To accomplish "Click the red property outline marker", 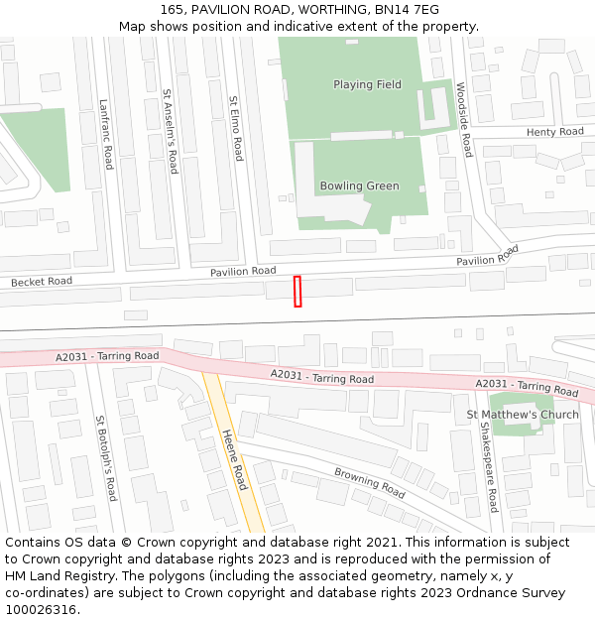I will pos(297,291).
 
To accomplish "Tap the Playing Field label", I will pos(367,85).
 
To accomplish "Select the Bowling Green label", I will pos(359,186).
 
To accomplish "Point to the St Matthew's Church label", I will pos(523,415).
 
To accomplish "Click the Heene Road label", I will pos(235,459).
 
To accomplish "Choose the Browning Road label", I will pos(370,483).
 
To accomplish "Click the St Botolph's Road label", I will pos(105,457).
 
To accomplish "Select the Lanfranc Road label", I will pos(106,133).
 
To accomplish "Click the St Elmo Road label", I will pos(235,128).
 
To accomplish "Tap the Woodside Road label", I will pos(463,118).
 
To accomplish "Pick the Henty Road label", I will pos(554,132).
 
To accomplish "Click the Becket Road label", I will pos(42,282).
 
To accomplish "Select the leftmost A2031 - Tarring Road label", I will pos(107,356).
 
